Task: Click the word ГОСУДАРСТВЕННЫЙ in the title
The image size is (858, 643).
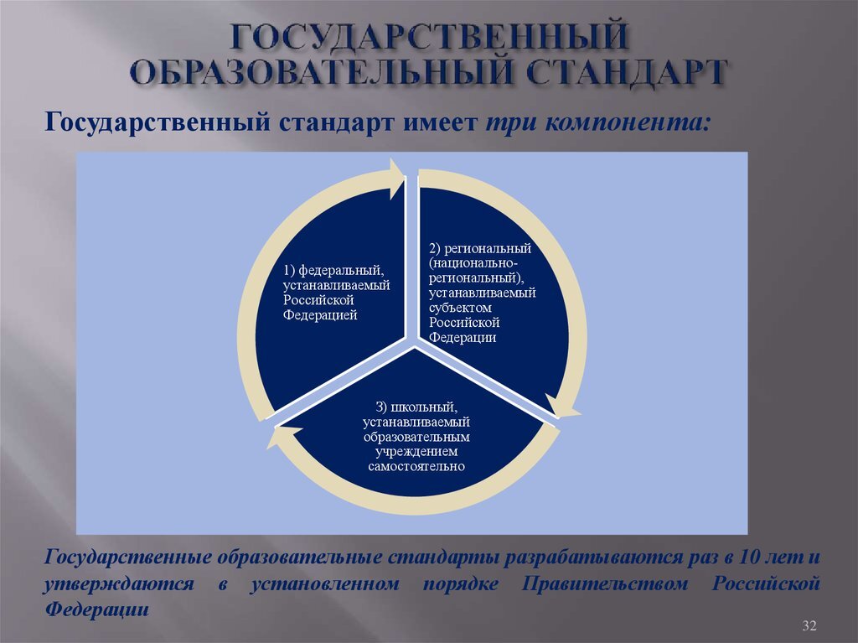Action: pyautogui.click(x=428, y=37)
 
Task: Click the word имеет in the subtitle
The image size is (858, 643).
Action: pyautogui.click(x=441, y=122)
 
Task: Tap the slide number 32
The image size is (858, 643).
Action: pyautogui.click(x=809, y=625)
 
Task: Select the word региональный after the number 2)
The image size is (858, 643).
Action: pyautogui.click(x=488, y=249)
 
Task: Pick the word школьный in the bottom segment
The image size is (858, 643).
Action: pyautogui.click(x=424, y=407)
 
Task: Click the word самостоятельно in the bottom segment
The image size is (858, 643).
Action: pyautogui.click(x=416, y=467)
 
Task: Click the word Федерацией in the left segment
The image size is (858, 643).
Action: pyautogui.click(x=320, y=315)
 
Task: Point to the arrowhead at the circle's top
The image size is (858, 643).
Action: pyautogui.click(x=396, y=178)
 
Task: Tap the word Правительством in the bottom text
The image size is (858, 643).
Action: pyautogui.click(x=604, y=583)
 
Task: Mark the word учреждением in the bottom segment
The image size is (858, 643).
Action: pyautogui.click(x=416, y=452)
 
